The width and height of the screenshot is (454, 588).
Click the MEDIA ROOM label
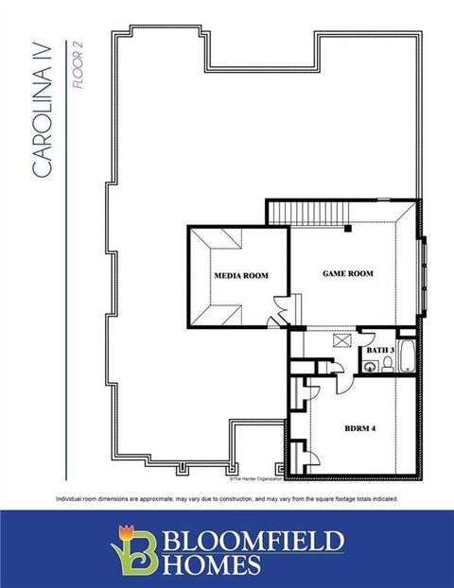240,276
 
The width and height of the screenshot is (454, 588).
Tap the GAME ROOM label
348,273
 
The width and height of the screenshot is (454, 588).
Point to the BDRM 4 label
360,428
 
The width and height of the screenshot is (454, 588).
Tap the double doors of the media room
280,313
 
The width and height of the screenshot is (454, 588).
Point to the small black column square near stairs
348,228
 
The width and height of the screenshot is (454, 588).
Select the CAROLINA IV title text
43,110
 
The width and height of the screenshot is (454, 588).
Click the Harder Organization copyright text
256,464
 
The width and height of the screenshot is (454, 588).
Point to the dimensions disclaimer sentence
227,498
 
